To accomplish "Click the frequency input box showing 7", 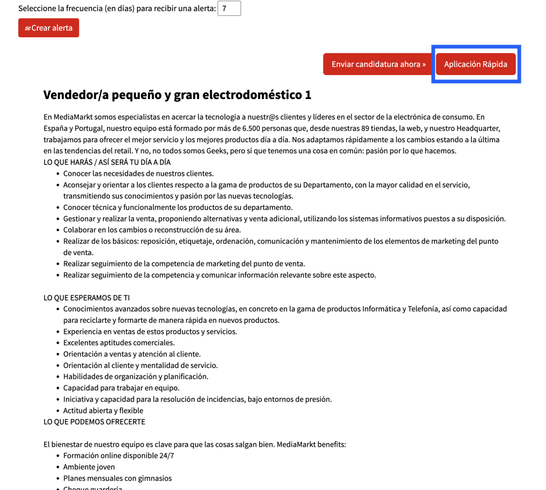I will coord(229,9).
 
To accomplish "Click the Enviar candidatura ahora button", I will coord(379,64).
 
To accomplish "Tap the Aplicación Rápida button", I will coord(476,64).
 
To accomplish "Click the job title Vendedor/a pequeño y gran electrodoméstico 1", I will coord(177,95).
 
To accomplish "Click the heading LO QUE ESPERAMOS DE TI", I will coord(86,298).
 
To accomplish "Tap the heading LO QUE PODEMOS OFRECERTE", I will coord(94,422).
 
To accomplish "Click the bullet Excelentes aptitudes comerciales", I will coord(119,343).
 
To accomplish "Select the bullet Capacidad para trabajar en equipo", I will coord(121,388).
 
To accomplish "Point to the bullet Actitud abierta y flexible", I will coord(103,411).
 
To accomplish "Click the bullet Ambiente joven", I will coord(89,467).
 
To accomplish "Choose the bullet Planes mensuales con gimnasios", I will coord(117,478).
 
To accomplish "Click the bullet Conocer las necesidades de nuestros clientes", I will coord(138,174).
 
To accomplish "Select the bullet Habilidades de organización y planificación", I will coord(135,377).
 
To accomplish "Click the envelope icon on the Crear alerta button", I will coord(28,28).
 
